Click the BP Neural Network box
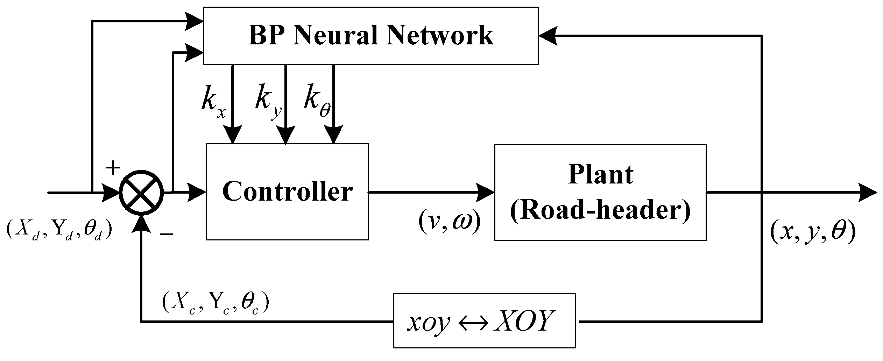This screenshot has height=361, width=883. (x=371, y=36)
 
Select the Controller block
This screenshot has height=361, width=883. (x=287, y=192)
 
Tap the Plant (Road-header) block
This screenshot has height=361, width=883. (x=600, y=193)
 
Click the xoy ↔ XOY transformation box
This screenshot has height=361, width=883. (x=484, y=321)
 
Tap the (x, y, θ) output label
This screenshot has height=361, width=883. (x=812, y=232)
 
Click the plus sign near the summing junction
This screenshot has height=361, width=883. (x=113, y=168)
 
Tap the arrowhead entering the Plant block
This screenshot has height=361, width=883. (x=486, y=192)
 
